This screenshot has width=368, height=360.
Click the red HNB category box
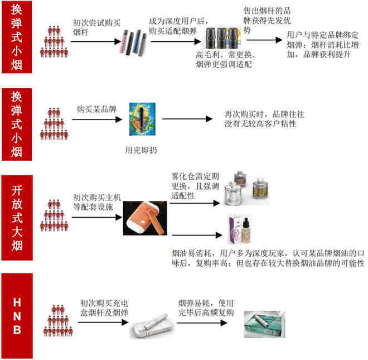pos(17,315)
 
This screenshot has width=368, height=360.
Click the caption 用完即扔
pos(138,151)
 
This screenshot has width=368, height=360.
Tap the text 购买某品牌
pos(96,110)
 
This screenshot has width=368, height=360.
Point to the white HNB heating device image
pos(153,325)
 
